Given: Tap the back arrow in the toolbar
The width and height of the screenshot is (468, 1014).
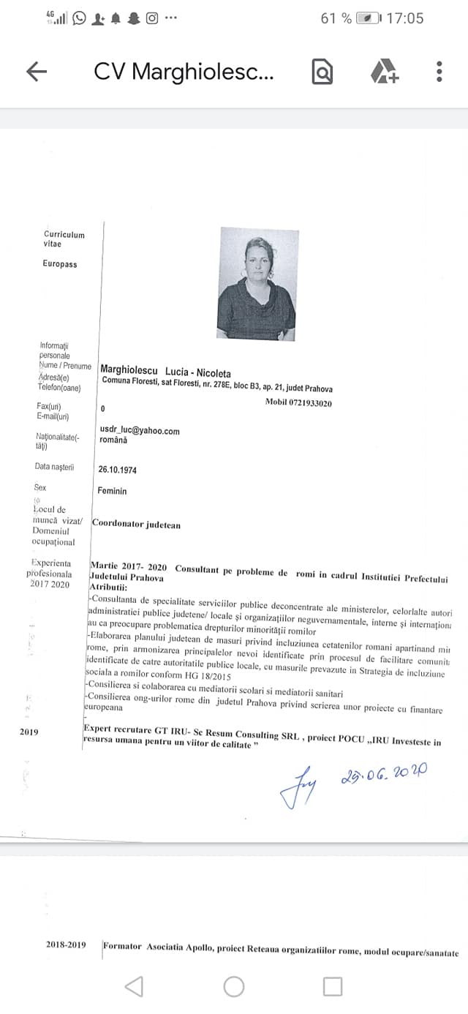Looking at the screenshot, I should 37,71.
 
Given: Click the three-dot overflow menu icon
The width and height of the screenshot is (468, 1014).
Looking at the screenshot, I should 439,71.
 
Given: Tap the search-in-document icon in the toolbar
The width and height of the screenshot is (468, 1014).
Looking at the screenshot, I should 322,72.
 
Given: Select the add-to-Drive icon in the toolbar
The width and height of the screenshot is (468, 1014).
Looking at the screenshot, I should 383,72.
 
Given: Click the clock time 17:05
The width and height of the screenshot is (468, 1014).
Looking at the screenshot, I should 404,18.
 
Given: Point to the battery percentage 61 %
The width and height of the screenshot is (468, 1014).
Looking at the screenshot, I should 336,18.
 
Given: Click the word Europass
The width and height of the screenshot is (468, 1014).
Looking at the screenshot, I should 59,264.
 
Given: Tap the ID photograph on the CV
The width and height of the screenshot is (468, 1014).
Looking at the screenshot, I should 257,283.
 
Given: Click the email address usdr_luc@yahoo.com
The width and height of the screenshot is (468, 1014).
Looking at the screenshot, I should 140,431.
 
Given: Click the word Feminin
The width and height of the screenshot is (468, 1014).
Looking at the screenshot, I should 112,491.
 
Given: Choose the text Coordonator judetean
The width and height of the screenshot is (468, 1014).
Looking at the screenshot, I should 136,525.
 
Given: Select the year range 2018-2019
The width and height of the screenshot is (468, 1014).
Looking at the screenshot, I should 66,944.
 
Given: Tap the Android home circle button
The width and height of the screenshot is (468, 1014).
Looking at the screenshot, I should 234,986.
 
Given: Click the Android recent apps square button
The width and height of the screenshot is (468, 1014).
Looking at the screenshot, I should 333,986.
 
